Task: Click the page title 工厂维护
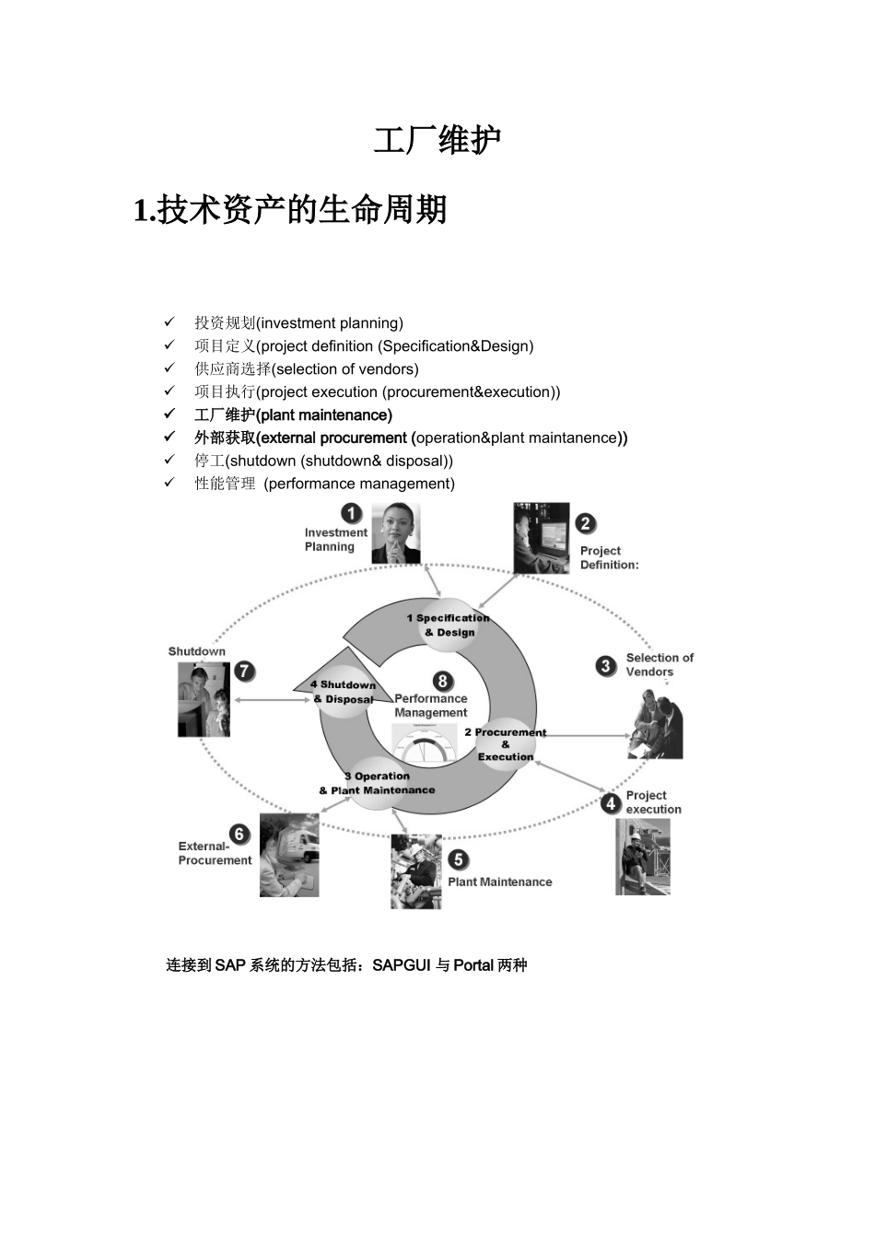(437, 141)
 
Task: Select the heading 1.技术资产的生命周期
(290, 210)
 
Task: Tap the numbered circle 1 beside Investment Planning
(352, 513)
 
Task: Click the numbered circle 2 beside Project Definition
(586, 523)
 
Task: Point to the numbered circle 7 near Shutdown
(244, 672)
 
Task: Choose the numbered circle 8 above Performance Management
(443, 681)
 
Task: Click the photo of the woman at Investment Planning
(395, 533)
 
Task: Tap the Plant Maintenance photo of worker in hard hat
(415, 871)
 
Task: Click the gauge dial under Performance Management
(425, 742)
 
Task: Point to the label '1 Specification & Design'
(449, 625)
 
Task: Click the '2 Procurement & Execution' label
(505, 744)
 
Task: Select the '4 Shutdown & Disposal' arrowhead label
(343, 692)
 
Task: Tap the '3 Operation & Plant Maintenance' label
(377, 783)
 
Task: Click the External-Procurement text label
(215, 853)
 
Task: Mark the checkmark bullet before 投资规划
(169, 322)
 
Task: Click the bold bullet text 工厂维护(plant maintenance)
(293, 415)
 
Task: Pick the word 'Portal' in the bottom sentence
(473, 965)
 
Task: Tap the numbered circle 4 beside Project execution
(610, 803)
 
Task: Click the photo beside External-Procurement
(289, 855)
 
